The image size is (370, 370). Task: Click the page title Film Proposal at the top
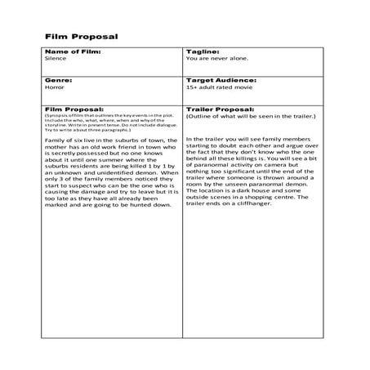[81, 37]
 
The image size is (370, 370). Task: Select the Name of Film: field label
[73, 51]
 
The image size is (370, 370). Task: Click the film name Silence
[56, 60]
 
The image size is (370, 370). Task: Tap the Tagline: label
[203, 51]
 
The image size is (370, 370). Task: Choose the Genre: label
[58, 81]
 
